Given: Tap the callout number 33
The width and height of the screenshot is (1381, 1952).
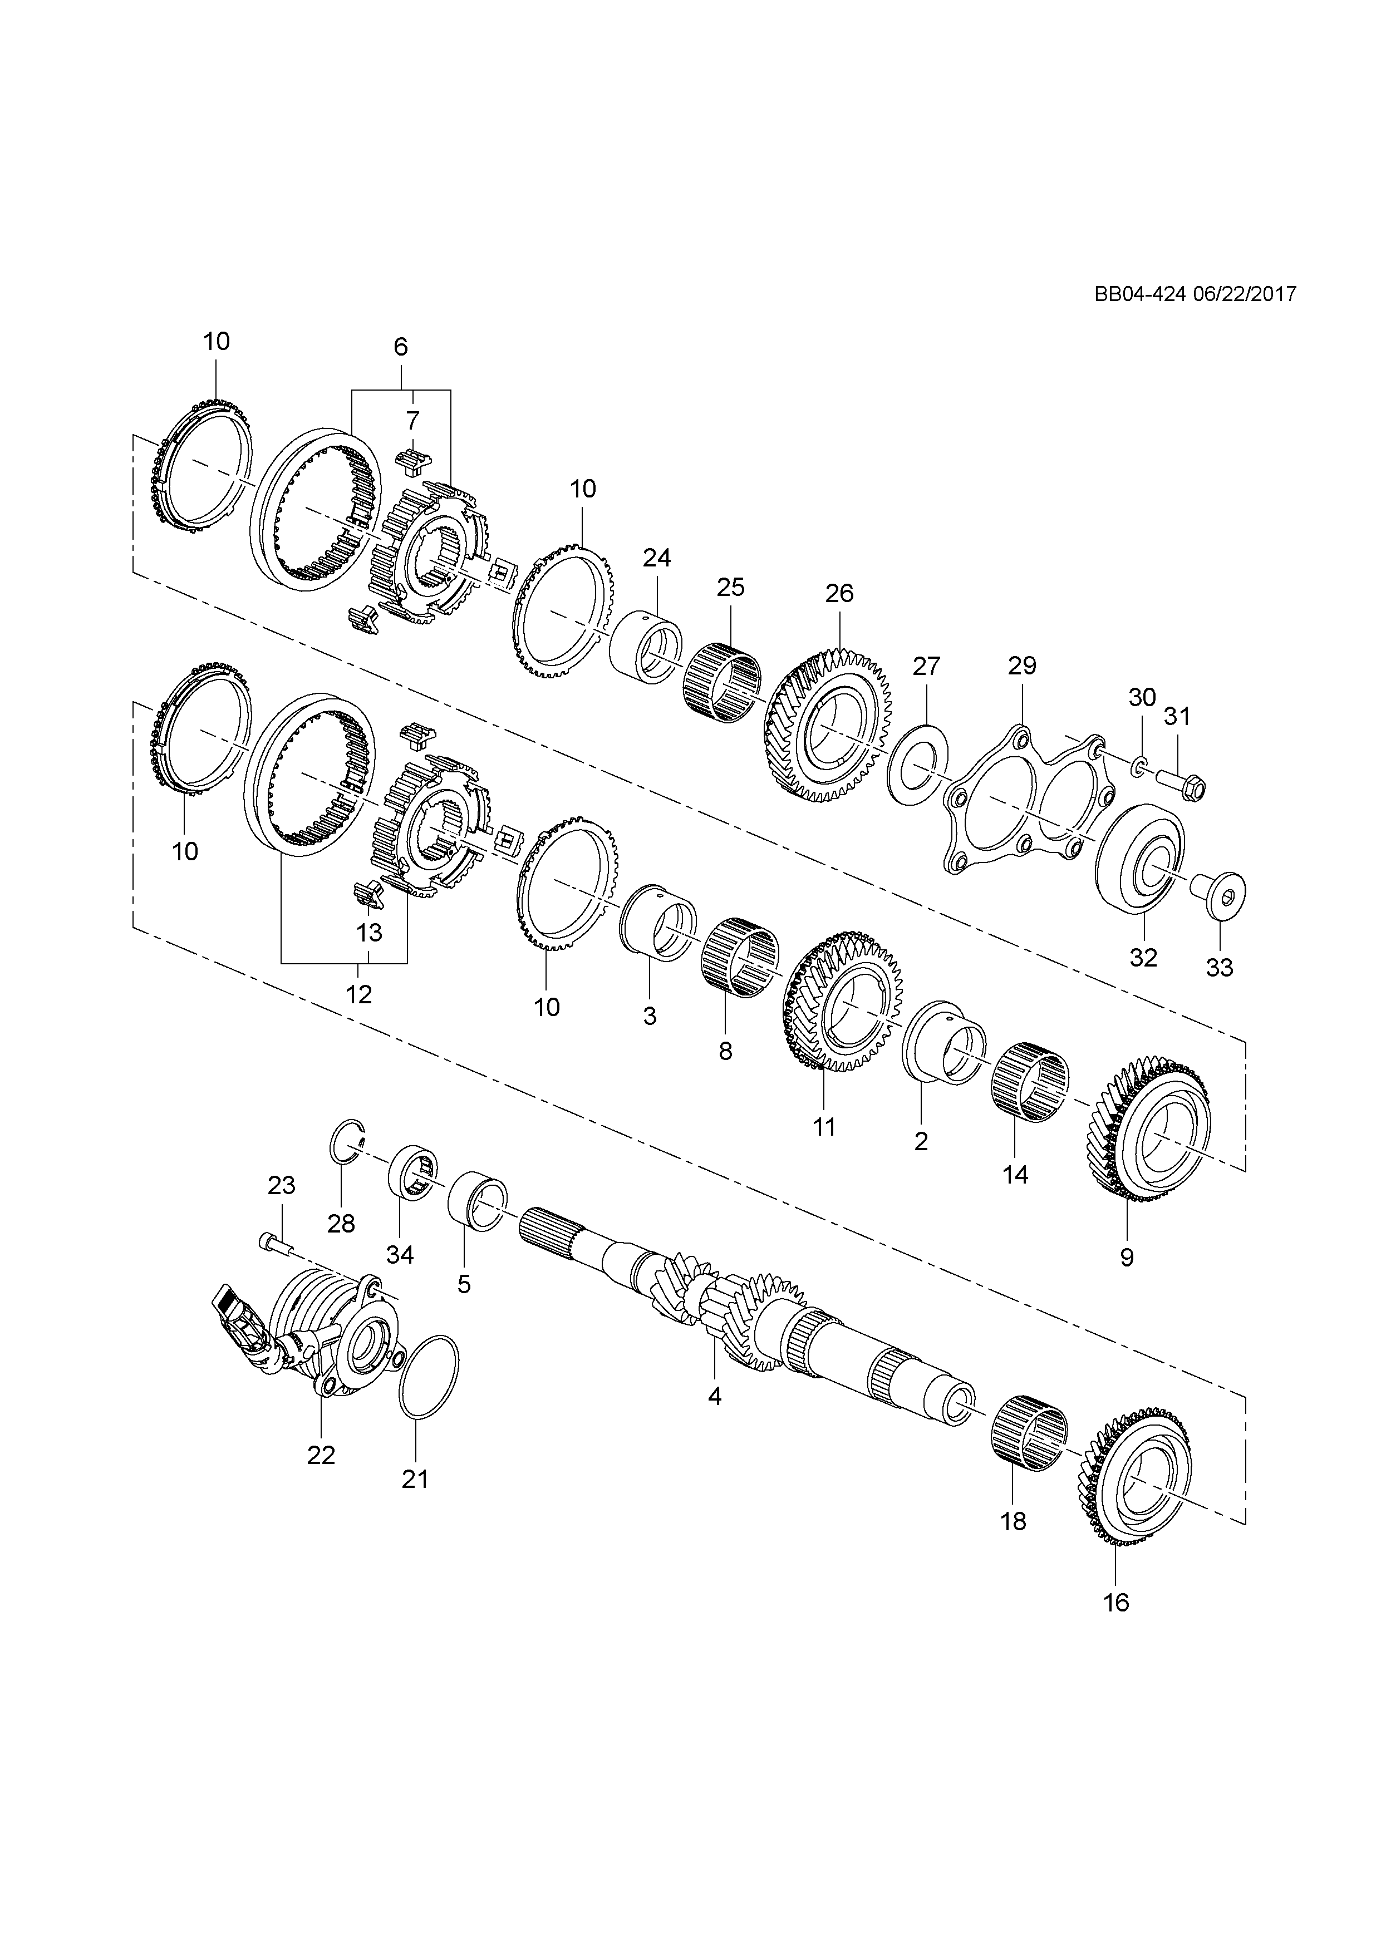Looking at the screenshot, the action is tap(1220, 968).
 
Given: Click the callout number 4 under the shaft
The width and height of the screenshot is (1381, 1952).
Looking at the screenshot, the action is tap(714, 1396).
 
